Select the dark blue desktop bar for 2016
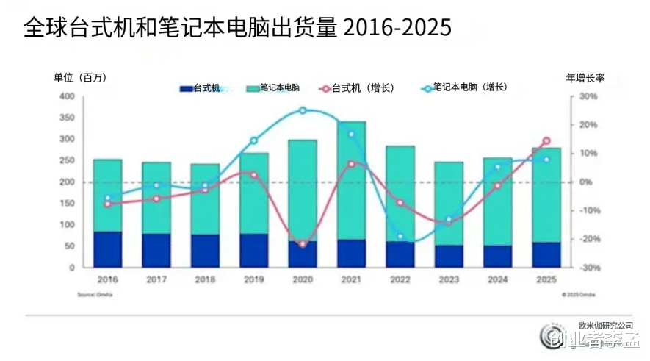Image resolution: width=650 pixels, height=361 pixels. pos(107,249)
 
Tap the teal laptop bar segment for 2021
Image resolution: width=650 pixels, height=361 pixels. pos(351,180)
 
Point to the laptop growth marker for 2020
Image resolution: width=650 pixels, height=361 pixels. pos(303,110)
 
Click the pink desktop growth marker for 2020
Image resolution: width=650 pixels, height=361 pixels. pos(303,244)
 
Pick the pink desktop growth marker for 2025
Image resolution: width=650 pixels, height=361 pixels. pos(546,141)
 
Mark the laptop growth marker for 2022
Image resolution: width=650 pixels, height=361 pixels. pos(400,237)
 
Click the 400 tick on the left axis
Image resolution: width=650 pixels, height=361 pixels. pos(67,96)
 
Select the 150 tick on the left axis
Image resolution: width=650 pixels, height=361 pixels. pos(67,204)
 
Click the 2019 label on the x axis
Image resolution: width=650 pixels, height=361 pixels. pos(253,280)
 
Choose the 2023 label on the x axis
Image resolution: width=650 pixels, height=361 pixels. pos(449,280)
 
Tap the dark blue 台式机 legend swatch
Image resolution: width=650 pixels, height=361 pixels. pos(186,89)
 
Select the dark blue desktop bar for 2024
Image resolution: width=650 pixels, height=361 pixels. pos(498,256)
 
